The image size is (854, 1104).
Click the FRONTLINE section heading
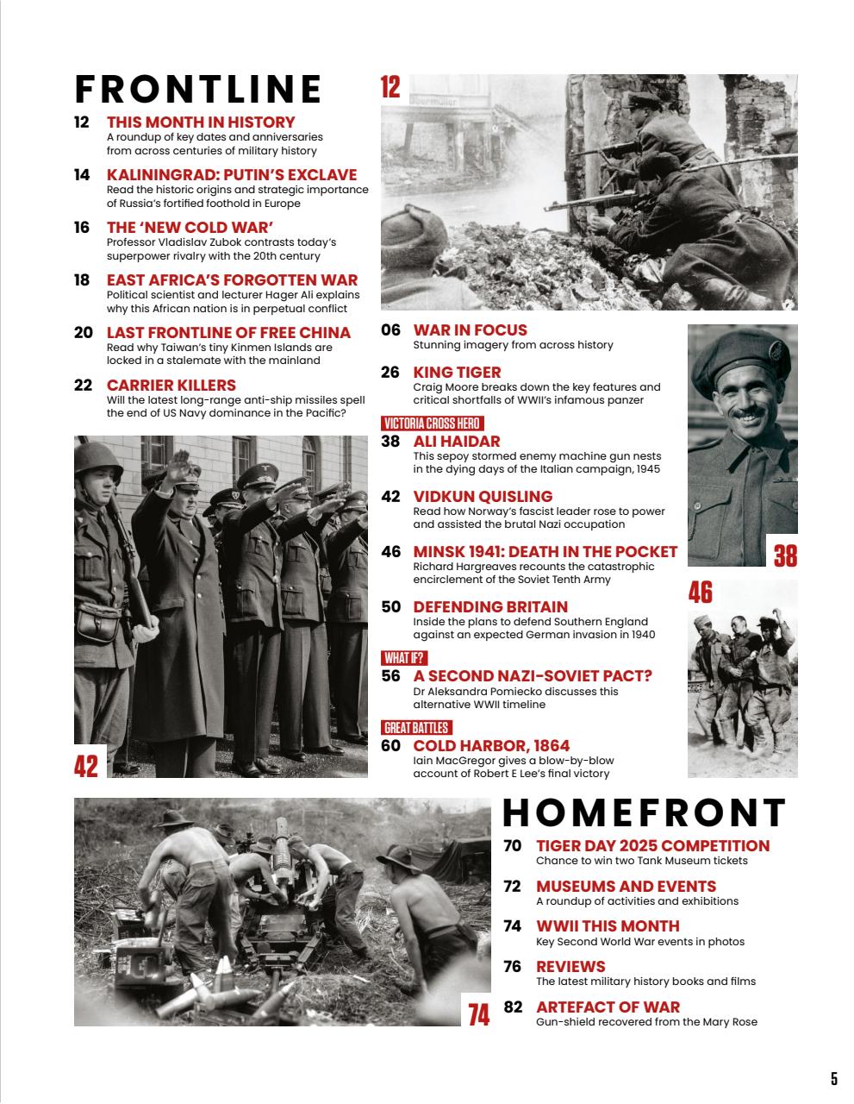coord(198,90)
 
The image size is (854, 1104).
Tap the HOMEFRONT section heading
coord(644,813)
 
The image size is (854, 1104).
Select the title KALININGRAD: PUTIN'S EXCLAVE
coord(231,175)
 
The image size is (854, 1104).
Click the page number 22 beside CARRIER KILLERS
coord(83,386)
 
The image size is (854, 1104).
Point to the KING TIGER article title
coord(457,373)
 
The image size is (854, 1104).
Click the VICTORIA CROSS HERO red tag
coord(432,423)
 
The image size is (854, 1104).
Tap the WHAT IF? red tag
coord(404,658)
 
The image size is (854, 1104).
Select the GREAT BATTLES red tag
coord(416,728)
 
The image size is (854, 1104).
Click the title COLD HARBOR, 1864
coord(491,746)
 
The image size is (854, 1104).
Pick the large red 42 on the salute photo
coord(86,765)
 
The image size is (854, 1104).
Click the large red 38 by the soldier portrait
coord(785,555)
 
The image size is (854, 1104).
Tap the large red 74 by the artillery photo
coord(479,1014)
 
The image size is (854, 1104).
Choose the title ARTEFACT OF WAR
coord(608,1007)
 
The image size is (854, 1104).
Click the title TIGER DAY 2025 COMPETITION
coord(652,846)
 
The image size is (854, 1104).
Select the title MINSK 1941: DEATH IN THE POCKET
coord(545,552)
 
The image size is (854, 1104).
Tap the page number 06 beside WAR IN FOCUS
coord(390,330)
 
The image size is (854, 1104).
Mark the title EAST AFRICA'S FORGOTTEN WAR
coord(232,280)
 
